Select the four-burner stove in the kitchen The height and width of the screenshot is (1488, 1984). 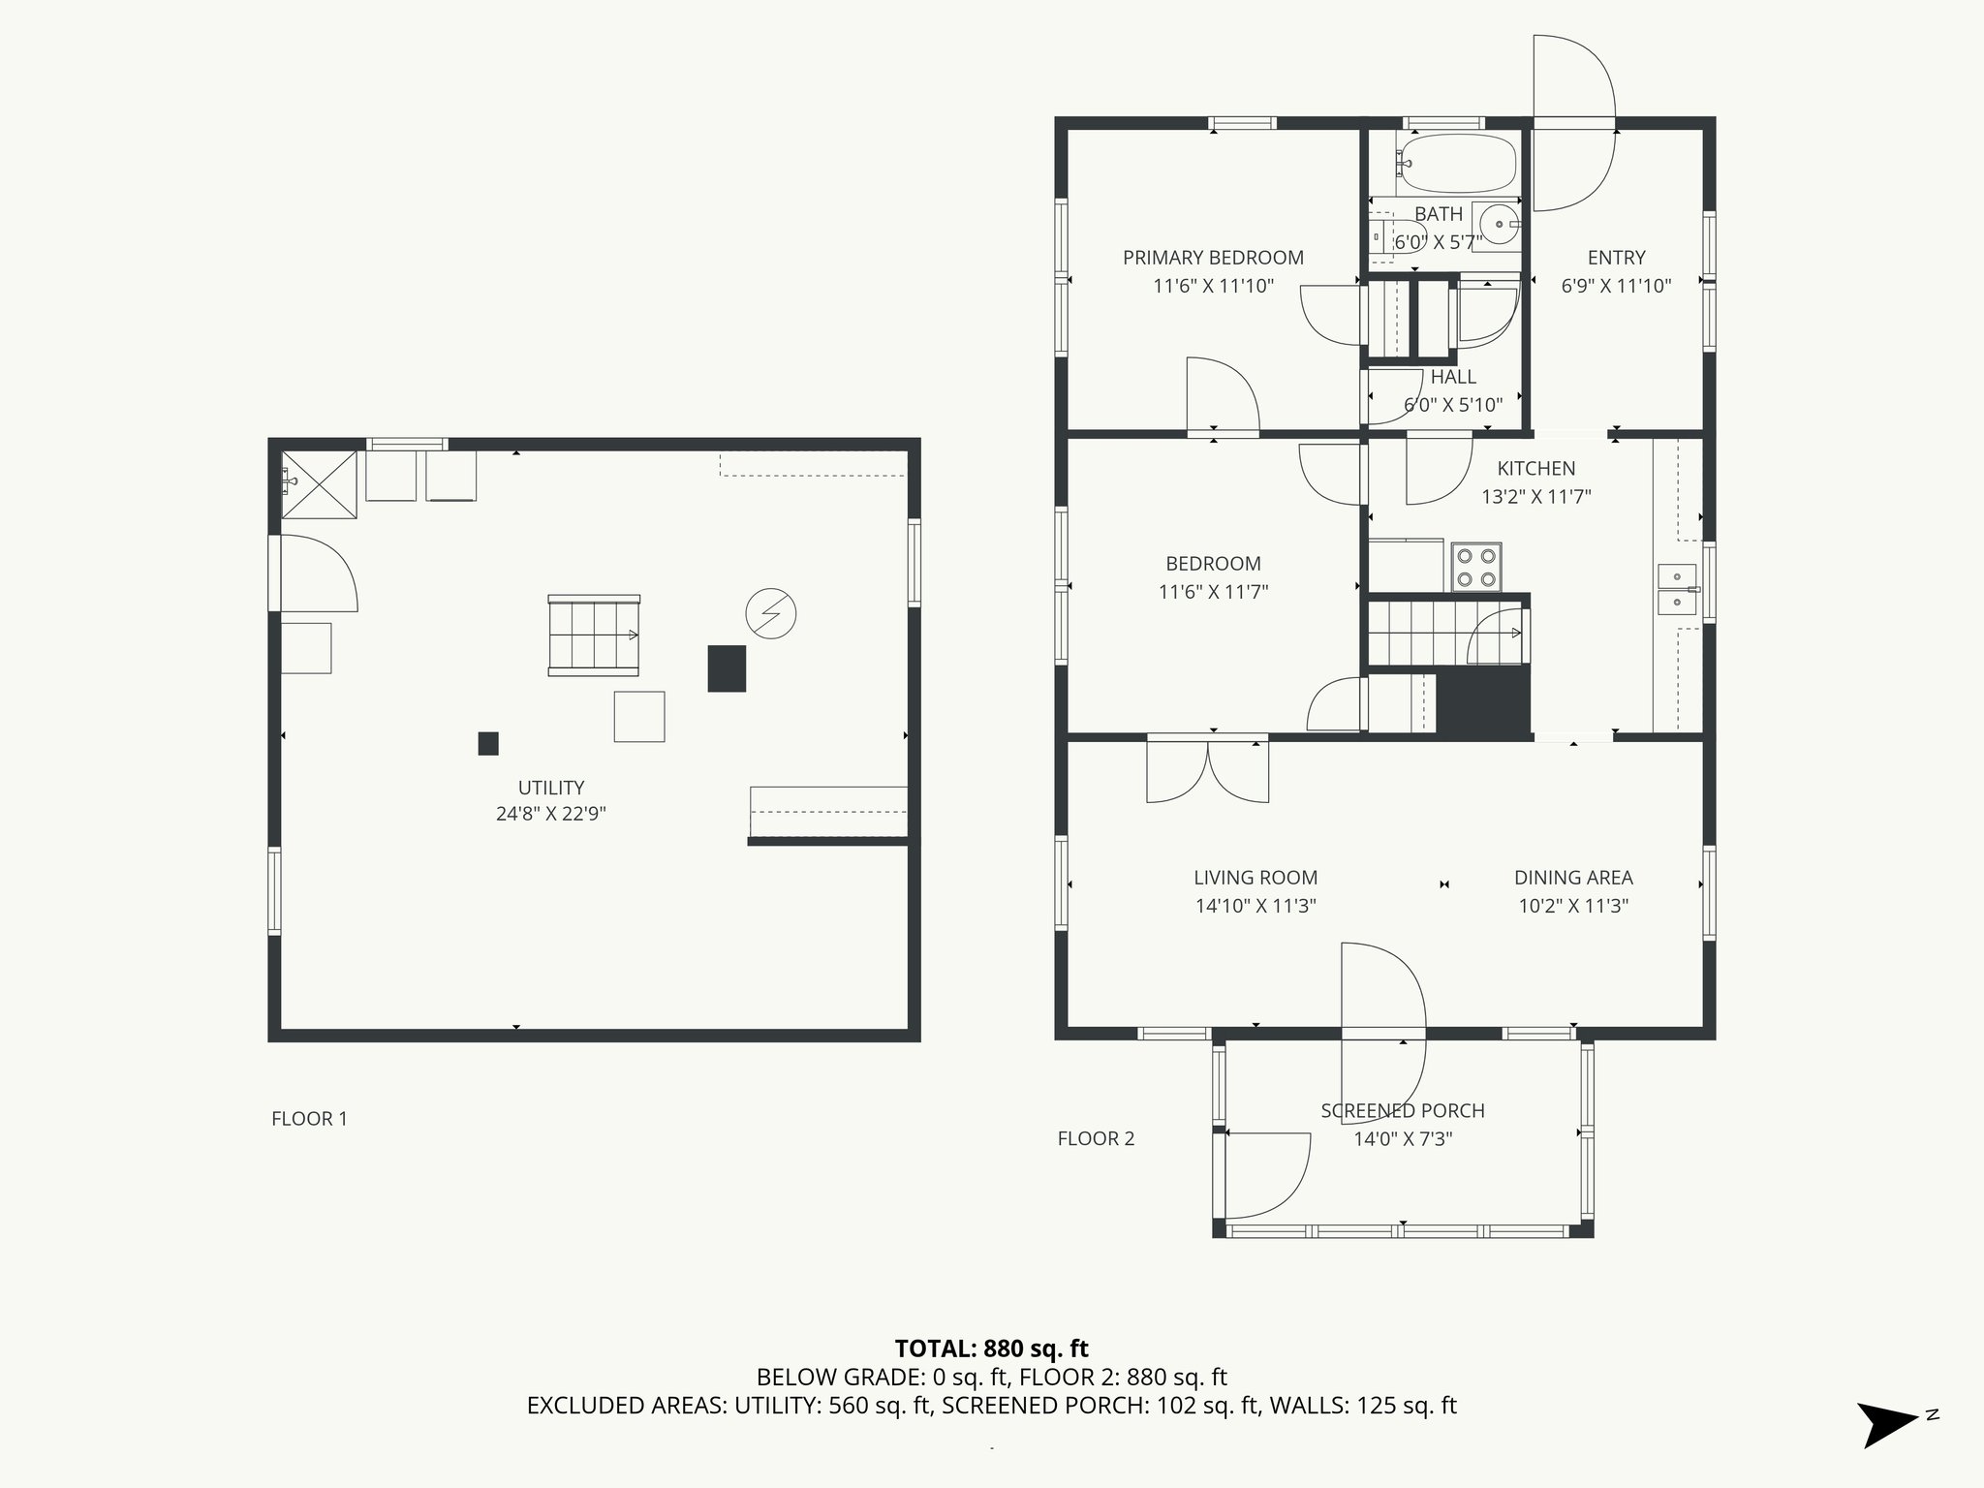click(x=1476, y=567)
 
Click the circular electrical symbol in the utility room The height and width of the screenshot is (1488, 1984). click(x=771, y=613)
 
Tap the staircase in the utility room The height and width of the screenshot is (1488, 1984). click(x=594, y=635)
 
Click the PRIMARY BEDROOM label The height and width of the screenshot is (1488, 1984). click(x=1213, y=258)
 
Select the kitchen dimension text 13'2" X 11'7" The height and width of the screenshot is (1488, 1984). click(x=1536, y=497)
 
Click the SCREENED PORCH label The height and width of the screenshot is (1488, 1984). click(x=1403, y=1111)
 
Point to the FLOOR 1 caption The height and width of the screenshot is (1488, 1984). click(x=309, y=1119)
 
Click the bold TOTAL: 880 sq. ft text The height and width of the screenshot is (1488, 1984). click(x=992, y=1348)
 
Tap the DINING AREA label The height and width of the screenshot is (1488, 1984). click(x=1573, y=878)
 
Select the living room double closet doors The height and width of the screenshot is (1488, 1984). click(x=1208, y=769)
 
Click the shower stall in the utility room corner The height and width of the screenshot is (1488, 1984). click(x=319, y=484)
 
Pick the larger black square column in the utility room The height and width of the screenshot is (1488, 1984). click(x=727, y=668)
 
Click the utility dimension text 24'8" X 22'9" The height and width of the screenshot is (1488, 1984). click(x=551, y=814)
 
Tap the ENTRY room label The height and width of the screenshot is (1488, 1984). click(x=1617, y=258)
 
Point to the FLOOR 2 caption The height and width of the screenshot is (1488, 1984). click(x=1096, y=1138)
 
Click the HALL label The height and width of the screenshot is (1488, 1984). click(x=1453, y=377)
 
